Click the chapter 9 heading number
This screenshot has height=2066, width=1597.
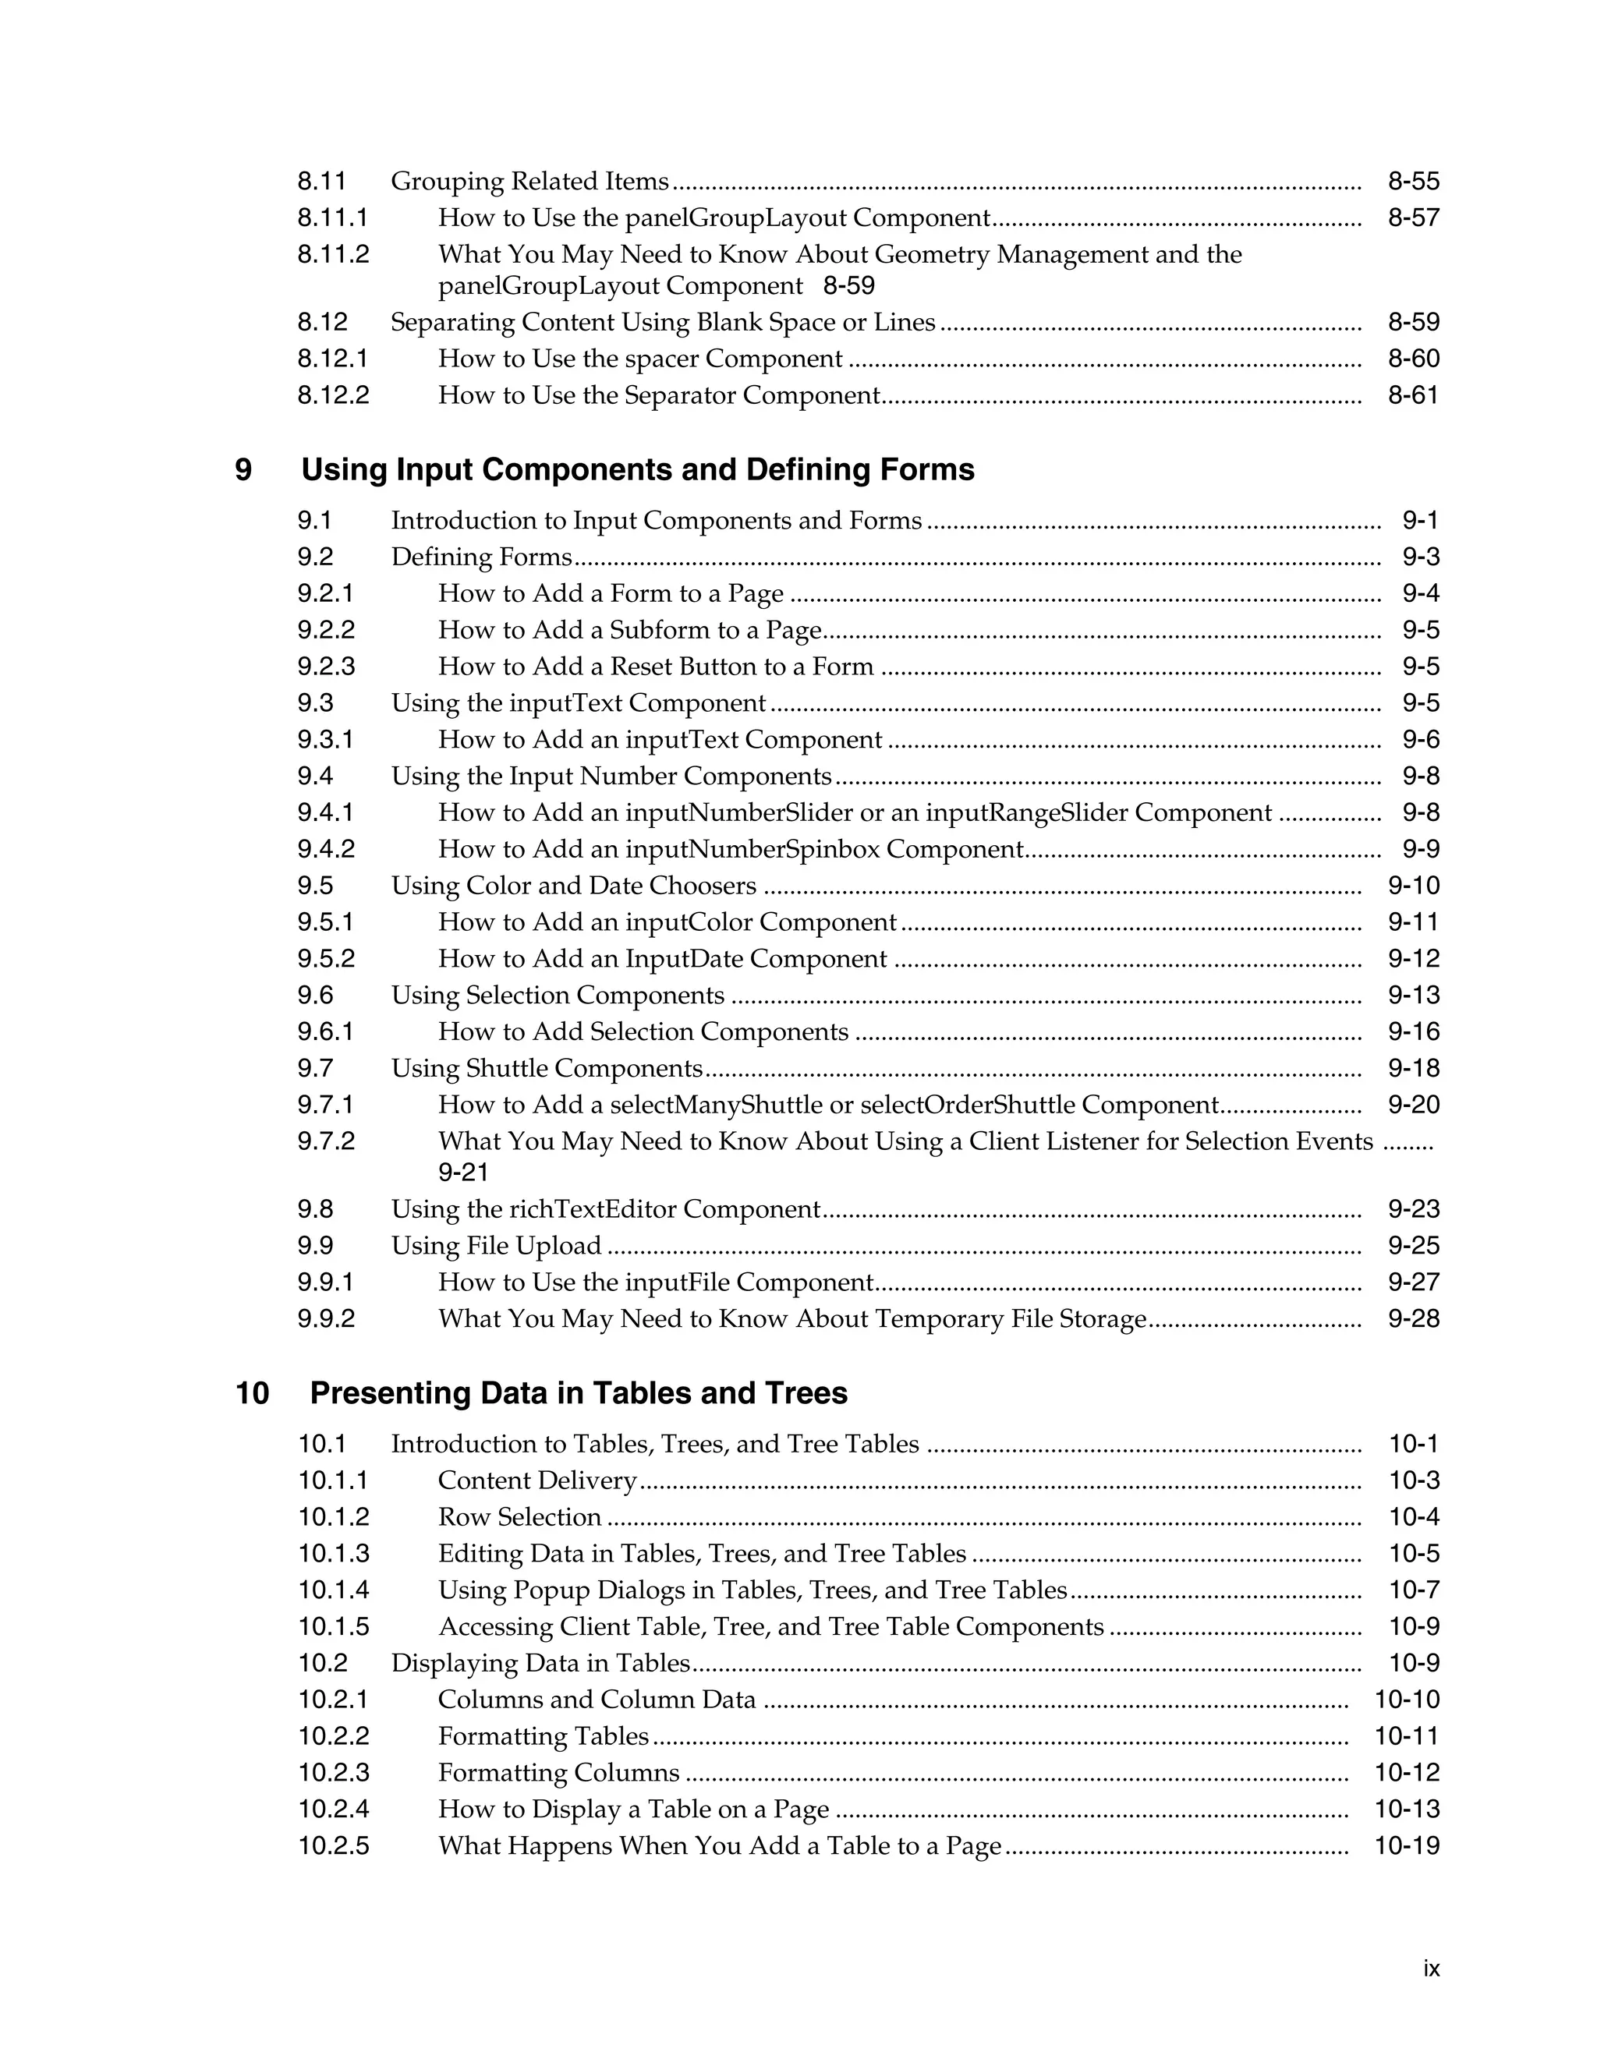tap(243, 470)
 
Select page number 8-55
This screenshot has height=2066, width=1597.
tap(1412, 181)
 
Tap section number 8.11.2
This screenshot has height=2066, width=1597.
tap(333, 254)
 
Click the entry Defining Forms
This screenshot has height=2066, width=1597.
tap(482, 557)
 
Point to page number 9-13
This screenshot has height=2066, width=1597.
tap(1412, 995)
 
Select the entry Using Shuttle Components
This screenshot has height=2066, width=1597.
tap(547, 1068)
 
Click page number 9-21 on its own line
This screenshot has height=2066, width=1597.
tap(462, 1173)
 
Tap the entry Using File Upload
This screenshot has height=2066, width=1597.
tap(496, 1246)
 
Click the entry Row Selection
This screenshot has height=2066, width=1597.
tap(519, 1517)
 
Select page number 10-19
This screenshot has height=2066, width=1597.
tap(1406, 1845)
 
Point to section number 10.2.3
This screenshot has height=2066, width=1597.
tap(333, 1773)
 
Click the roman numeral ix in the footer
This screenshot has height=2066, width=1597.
tap(1430, 1969)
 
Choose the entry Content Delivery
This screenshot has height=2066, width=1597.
tap(537, 1481)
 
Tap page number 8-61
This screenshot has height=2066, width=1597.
tap(1412, 395)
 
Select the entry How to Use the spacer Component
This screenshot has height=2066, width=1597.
tap(639, 359)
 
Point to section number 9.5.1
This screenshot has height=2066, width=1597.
tap(325, 922)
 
